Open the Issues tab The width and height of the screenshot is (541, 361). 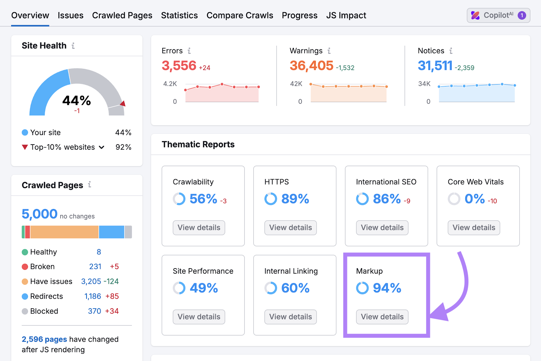[70, 16]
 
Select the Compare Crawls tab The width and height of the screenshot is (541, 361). [240, 16]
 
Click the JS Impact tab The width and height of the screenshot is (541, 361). [346, 16]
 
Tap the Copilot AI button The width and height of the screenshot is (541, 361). [498, 16]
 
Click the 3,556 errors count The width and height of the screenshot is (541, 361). [179, 66]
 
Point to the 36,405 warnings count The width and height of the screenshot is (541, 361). [311, 66]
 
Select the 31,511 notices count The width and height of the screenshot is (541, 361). [435, 66]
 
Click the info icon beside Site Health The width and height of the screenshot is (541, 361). [73, 46]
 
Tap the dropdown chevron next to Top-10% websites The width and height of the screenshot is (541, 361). [101, 147]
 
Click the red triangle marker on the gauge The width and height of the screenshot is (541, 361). [123, 104]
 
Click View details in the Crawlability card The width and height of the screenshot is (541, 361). [199, 228]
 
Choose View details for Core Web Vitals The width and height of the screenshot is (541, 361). [474, 228]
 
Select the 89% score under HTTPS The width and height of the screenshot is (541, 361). [295, 199]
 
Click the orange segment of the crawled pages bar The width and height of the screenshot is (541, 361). [64, 232]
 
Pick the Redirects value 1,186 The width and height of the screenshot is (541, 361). [93, 296]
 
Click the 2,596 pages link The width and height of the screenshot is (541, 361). [44, 339]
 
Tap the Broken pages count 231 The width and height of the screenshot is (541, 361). [95, 267]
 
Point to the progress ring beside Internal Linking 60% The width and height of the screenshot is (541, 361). [271, 288]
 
